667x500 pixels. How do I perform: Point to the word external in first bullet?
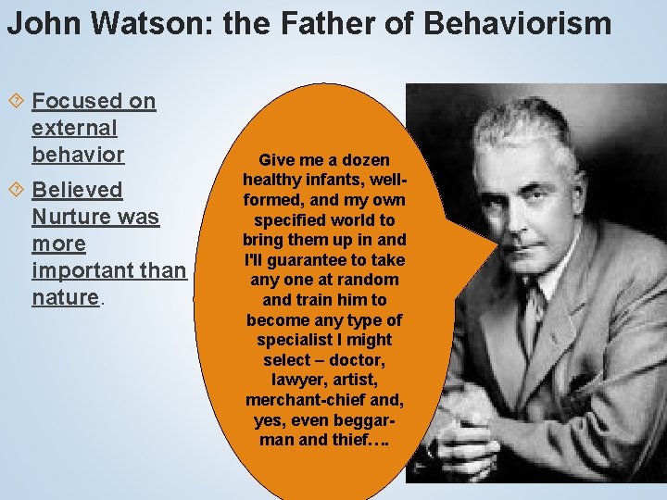74,128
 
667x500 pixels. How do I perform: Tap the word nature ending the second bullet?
65,297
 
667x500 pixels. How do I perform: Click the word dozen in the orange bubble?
366,160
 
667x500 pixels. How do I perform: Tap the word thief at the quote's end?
353,440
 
